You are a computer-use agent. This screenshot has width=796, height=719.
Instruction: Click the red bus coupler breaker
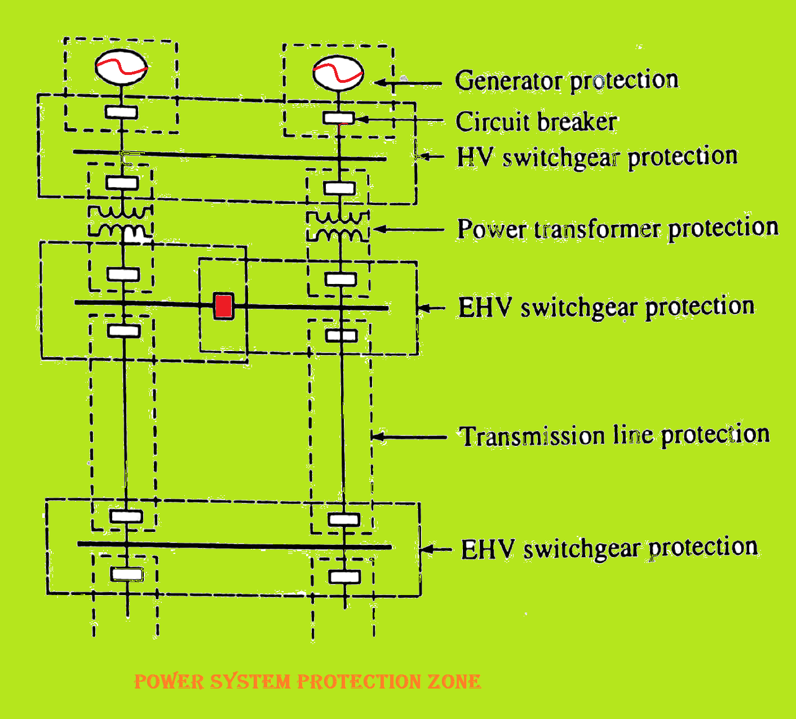click(x=224, y=306)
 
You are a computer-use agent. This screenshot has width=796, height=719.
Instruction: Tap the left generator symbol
click(x=121, y=67)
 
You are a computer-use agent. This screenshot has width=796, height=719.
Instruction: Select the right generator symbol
click(x=338, y=73)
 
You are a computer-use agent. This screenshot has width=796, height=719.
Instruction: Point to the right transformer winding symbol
click(x=338, y=226)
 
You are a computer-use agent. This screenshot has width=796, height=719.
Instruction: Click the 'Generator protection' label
click(x=566, y=81)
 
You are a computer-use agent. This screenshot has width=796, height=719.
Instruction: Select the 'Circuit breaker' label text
click(x=536, y=122)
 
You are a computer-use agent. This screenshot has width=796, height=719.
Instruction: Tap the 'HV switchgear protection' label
click(x=597, y=157)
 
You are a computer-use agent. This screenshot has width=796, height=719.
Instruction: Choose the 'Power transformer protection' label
click(x=617, y=229)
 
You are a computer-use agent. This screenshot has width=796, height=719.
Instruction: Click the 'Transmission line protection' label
click(x=614, y=436)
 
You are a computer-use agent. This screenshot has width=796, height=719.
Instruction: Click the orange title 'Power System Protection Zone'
click(x=307, y=682)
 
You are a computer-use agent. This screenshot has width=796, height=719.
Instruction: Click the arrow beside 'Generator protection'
click(x=408, y=83)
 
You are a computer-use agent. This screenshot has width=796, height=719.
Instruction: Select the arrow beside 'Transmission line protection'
click(x=409, y=436)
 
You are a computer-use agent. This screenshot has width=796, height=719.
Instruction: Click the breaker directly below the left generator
click(x=121, y=112)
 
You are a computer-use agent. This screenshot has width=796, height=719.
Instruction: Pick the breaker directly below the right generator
click(x=338, y=118)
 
